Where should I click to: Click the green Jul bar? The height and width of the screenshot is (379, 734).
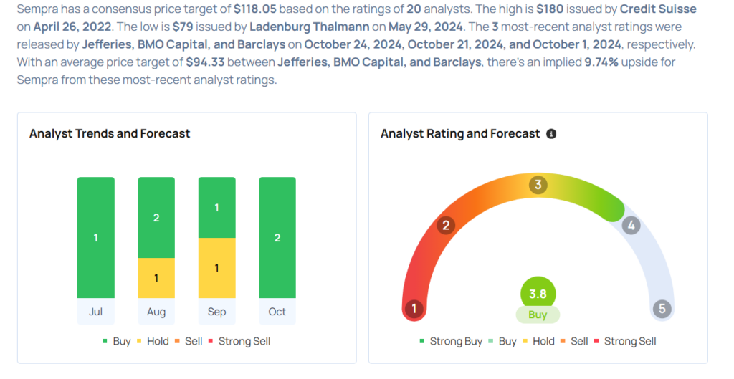point(95,237)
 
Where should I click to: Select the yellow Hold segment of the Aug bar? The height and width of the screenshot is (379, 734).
point(156,278)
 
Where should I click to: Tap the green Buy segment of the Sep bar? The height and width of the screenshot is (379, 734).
point(216,208)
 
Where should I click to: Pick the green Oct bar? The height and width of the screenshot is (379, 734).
point(277,237)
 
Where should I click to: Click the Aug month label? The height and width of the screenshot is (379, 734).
point(156,312)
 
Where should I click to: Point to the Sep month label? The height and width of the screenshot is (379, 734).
point(216,312)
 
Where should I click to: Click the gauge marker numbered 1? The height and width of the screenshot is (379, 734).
point(414,309)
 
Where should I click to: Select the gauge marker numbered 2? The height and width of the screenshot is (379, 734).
point(446,226)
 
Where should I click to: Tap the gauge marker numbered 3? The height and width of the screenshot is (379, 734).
point(538,186)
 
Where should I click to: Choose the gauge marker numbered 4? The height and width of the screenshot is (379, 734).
point(631,226)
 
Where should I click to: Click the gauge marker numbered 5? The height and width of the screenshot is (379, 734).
point(662,309)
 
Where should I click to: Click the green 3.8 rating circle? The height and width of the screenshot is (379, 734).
point(538,293)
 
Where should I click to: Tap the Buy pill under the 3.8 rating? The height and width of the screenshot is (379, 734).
point(538,315)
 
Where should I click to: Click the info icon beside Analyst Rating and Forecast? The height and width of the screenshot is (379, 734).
point(551,134)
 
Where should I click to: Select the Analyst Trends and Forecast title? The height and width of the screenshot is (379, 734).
point(110,133)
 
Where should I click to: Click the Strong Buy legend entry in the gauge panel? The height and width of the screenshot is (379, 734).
point(451,341)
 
